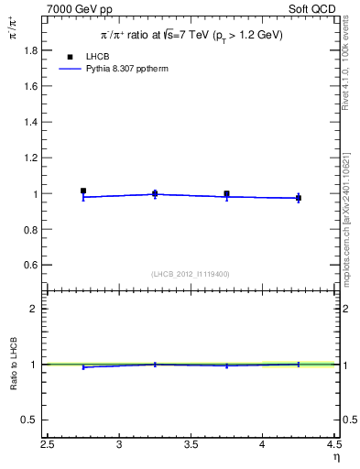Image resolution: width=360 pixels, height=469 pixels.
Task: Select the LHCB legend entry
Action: (x=84, y=56)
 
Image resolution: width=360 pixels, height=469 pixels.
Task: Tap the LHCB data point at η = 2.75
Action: (x=83, y=191)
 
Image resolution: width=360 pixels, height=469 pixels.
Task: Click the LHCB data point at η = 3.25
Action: (x=155, y=193)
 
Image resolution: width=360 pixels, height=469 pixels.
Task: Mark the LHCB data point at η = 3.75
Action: (x=226, y=194)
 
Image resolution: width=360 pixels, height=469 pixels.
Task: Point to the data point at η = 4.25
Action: (x=298, y=198)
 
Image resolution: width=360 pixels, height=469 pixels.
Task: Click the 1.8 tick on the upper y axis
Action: (x=33, y=51)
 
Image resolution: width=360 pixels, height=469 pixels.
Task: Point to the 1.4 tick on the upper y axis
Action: (x=33, y=123)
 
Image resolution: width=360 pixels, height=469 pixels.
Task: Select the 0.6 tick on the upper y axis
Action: (x=33, y=265)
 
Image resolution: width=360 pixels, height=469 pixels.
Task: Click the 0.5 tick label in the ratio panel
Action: (x=33, y=420)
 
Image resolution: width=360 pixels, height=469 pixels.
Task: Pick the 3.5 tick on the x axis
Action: (x=191, y=446)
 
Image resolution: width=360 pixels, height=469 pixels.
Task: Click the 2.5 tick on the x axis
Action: (x=48, y=446)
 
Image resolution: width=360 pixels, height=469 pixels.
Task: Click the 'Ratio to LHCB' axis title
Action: (x=13, y=365)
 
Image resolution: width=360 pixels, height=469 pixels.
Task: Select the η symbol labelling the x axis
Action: (x=336, y=459)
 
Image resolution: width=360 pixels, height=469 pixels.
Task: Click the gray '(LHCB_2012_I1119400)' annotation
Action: (x=191, y=274)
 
